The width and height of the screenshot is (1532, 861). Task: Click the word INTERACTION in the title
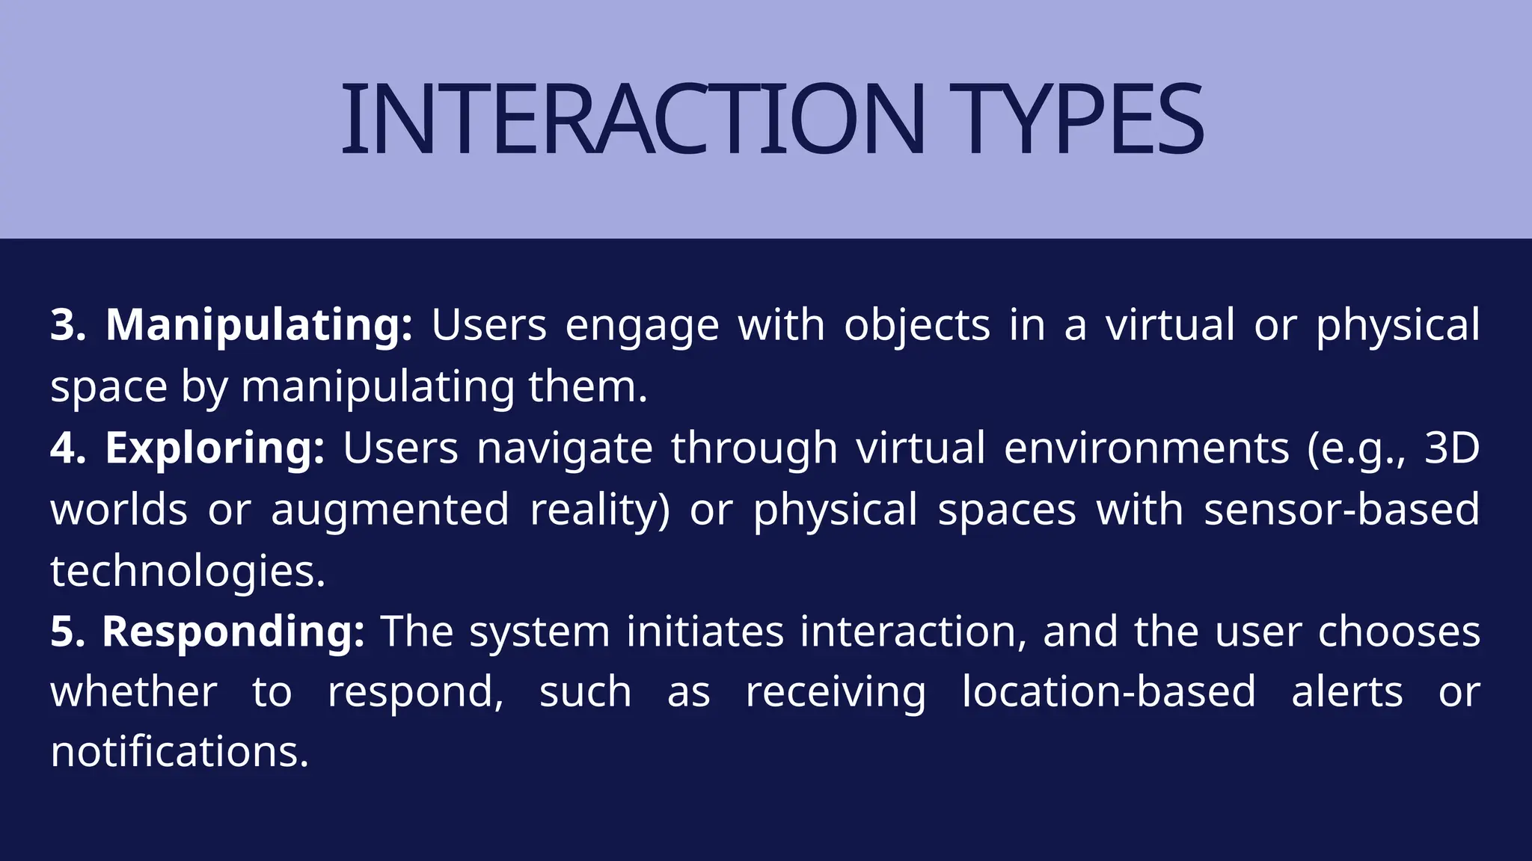[633, 120]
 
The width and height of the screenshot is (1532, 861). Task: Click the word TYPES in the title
[1077, 120]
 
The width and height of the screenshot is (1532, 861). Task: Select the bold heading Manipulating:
[259, 326]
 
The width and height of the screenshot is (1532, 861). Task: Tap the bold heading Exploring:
[215, 448]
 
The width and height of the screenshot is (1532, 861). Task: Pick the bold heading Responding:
[233, 632]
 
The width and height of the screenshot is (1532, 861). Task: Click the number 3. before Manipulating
[68, 326]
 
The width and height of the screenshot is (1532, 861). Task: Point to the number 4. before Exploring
[68, 448]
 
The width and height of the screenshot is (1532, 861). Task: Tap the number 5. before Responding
[68, 632]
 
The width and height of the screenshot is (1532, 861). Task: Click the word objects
[917, 326]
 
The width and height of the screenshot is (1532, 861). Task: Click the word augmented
[390, 510]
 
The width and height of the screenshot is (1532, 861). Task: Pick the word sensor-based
[1341, 510]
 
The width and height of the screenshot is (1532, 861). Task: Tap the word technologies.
[187, 572]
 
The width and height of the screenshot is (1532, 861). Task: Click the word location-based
[1109, 692]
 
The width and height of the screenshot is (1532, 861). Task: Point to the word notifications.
[180, 752]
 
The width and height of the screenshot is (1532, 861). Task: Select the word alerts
[1346, 692]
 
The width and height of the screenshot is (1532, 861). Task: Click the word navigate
[565, 448]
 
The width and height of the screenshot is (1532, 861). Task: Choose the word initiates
[705, 632]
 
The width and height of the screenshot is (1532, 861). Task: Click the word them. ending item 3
[587, 387]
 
